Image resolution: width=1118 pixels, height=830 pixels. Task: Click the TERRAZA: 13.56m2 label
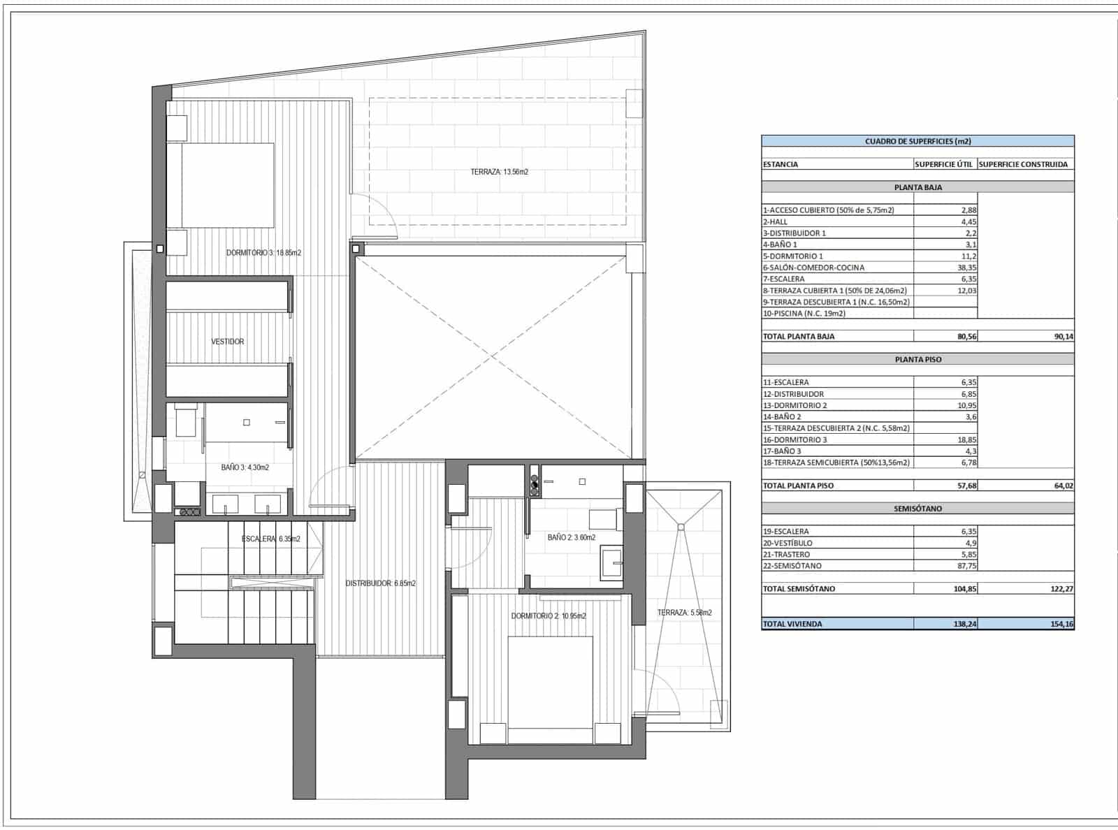[499, 171]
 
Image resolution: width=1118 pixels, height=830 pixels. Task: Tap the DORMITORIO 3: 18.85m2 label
[263, 253]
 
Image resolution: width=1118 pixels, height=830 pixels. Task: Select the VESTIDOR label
[228, 342]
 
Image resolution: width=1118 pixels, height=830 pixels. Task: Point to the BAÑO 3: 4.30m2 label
[245, 467]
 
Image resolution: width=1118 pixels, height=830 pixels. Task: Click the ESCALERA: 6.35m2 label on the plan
[270, 539]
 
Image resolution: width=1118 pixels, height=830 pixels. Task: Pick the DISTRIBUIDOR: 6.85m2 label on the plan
[380, 583]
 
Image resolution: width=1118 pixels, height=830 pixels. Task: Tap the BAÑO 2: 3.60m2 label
[571, 537]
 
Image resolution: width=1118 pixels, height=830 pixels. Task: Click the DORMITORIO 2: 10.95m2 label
[548, 616]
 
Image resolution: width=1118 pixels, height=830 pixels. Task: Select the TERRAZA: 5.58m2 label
[684, 613]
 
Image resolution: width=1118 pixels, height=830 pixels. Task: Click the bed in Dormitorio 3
[227, 185]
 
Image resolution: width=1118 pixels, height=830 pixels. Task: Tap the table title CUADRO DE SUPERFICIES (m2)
[917, 141]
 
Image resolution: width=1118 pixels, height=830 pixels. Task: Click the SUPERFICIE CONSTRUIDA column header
[1023, 164]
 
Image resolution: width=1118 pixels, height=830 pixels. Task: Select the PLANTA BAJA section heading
[917, 187]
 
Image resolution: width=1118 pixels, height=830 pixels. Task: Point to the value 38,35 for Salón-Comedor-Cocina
[966, 268]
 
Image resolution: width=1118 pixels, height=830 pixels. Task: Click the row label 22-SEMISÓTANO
[792, 566]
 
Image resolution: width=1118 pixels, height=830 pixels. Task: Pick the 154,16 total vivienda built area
[1061, 624]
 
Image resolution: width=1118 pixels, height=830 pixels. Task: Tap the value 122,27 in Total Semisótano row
[1061, 589]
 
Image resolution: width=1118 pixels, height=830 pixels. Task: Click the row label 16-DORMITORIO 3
[794, 439]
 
